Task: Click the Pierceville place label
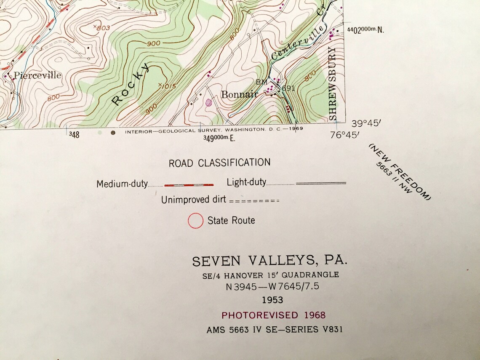click(x=37, y=75)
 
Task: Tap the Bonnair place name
click(x=239, y=94)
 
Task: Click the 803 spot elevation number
click(x=102, y=28)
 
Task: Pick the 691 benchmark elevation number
click(x=289, y=88)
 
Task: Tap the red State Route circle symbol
click(x=195, y=220)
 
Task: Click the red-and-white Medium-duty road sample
click(x=189, y=184)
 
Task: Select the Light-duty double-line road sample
click(x=321, y=183)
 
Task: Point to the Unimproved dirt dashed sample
click(x=254, y=201)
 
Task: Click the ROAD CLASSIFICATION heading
click(x=219, y=163)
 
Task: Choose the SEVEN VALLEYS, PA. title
click(x=270, y=261)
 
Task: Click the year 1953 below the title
click(x=272, y=300)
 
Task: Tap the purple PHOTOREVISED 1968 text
click(x=273, y=315)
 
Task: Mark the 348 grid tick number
click(x=74, y=135)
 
